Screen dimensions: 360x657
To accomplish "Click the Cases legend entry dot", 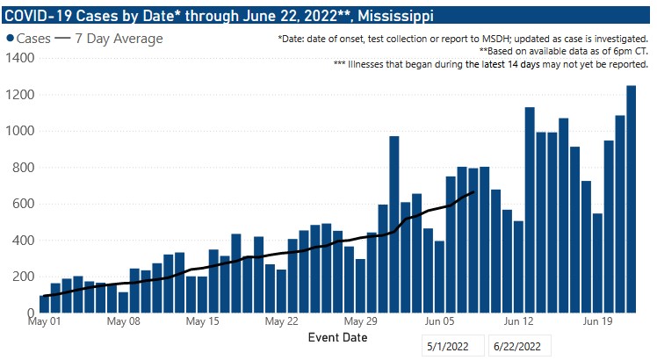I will pos(10,40).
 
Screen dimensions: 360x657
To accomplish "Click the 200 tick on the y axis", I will pos(21,277).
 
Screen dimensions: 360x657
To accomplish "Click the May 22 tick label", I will pos(282,321).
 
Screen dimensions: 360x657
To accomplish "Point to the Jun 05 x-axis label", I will pos(438,321).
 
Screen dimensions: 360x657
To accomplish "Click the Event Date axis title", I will pos(338,337).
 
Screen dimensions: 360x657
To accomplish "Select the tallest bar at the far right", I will pos(631,198).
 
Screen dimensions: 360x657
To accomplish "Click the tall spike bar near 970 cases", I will pos(394,224).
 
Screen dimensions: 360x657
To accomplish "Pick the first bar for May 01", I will pos(44,304).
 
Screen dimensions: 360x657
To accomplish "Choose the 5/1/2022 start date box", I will pos(451,347).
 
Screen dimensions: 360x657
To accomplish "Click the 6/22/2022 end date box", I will pos(521,347).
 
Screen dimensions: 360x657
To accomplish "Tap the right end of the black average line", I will pos(473,191).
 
